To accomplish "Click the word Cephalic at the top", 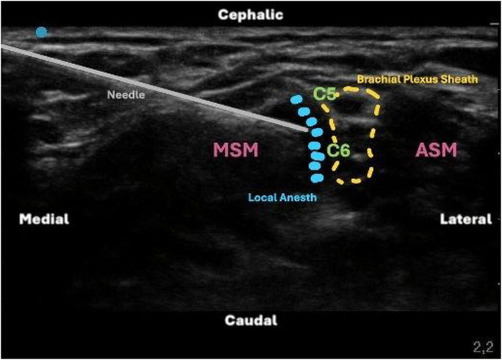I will tap(251, 14).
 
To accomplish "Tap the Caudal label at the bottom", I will tap(251, 321).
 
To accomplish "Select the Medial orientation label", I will tap(44, 219).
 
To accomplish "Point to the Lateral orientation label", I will tap(466, 219).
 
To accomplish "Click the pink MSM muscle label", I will tap(236, 151).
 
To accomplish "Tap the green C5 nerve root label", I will tap(325, 94).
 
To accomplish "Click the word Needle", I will tap(126, 95).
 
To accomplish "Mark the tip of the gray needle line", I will tap(307, 130).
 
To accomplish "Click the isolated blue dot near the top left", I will tap(41, 32).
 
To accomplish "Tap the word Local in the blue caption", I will tap(262, 197).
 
